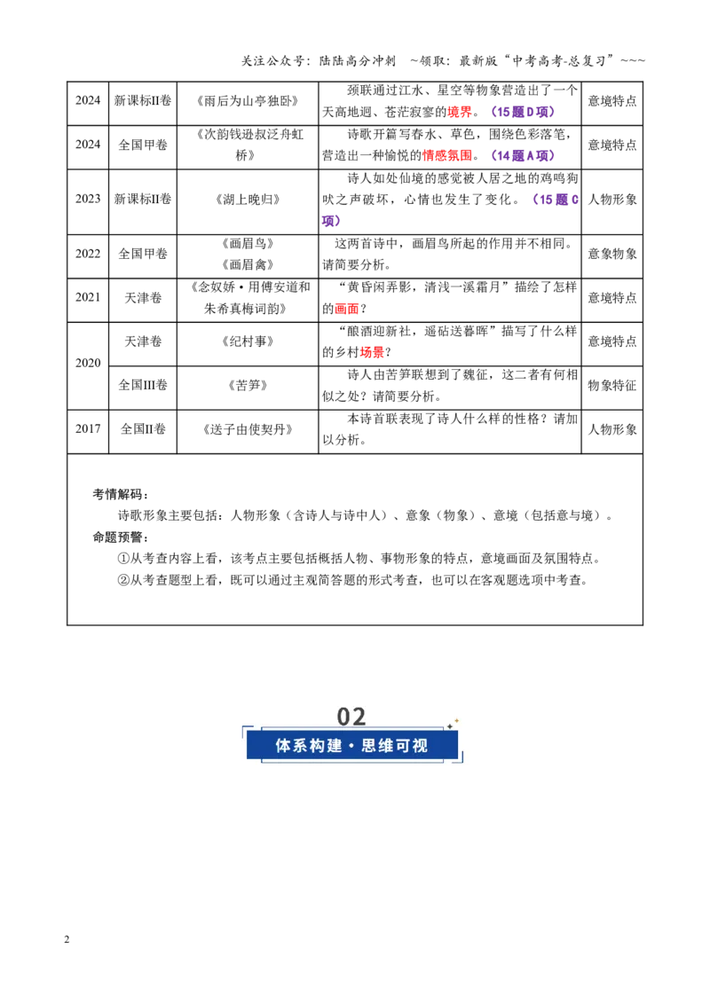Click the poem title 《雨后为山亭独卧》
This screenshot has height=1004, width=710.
[x=248, y=101]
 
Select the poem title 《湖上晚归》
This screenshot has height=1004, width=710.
[x=248, y=200]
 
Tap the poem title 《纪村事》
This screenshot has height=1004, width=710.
[x=248, y=341]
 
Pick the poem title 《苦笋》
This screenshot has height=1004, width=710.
[x=248, y=386]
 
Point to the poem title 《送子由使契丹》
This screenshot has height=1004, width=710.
[x=248, y=429]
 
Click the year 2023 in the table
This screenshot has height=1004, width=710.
[x=88, y=199]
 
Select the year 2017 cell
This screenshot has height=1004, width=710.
[x=88, y=429]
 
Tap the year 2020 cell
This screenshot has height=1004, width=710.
[x=88, y=363]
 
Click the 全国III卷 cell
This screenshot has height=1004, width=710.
[x=143, y=386]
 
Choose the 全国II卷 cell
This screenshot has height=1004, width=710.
[x=143, y=429]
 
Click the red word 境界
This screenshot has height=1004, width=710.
[x=460, y=113]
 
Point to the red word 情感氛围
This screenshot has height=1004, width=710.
[x=447, y=155]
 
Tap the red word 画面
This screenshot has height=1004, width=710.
[x=347, y=309]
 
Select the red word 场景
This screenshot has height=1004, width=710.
[x=372, y=353]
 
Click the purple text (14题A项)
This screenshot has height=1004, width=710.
[x=522, y=155]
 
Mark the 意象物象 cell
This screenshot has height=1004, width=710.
[x=612, y=255]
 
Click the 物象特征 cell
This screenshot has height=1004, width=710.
[x=612, y=386]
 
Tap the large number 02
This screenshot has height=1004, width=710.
[x=351, y=717]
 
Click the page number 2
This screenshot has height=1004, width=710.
[x=67, y=940]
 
